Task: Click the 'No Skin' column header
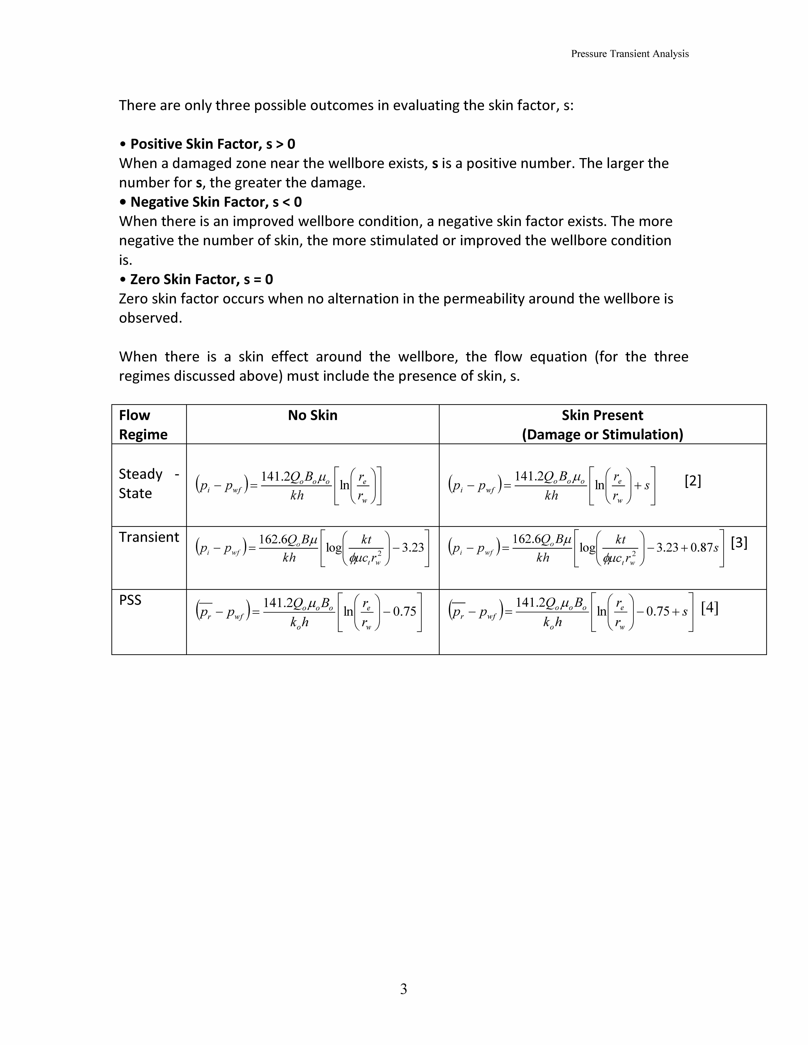pyautogui.click(x=313, y=415)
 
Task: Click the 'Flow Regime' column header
pyautogui.click(x=143, y=425)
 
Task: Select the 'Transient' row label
pyautogui.click(x=149, y=537)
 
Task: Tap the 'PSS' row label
pyautogui.click(x=130, y=600)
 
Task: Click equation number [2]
pyautogui.click(x=693, y=481)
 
